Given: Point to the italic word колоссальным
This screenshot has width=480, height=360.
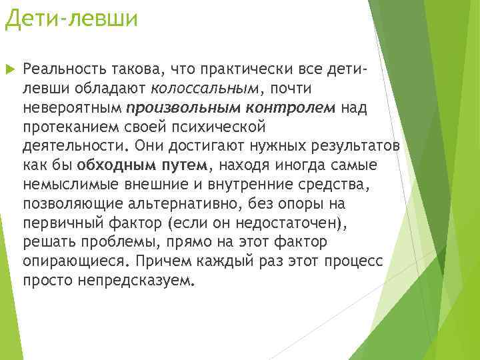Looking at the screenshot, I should [204, 88].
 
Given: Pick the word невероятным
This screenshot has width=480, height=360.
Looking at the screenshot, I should [72, 107].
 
